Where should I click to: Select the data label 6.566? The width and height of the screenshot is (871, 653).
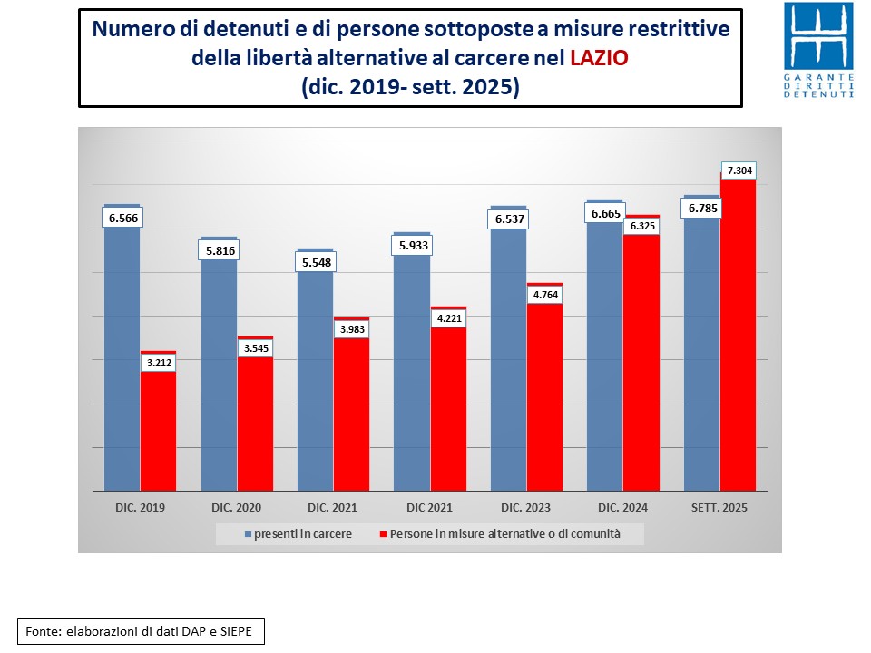(x=122, y=219)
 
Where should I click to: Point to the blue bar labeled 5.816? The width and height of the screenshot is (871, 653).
(x=219, y=381)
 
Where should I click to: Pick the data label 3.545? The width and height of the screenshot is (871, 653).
(x=255, y=346)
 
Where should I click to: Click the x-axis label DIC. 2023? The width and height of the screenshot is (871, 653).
(x=526, y=508)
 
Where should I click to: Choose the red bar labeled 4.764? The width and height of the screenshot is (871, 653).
(x=544, y=399)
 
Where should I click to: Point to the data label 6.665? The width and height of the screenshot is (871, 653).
(x=604, y=213)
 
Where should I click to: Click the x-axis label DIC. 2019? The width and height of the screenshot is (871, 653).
(x=140, y=508)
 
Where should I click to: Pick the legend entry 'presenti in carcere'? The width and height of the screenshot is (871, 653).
(x=298, y=534)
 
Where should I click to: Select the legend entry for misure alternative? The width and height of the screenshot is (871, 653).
(x=499, y=534)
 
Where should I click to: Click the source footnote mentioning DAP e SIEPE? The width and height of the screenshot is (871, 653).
(x=141, y=630)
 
